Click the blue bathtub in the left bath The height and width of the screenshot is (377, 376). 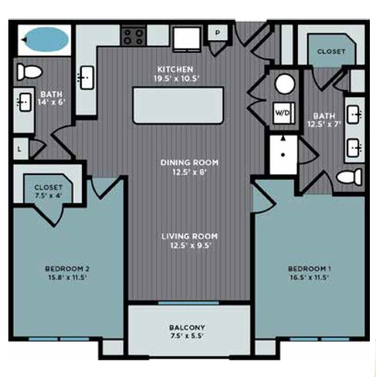(45, 39)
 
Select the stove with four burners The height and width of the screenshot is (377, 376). (133, 37)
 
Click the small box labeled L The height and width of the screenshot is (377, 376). (20, 149)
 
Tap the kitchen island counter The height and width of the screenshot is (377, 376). (177, 105)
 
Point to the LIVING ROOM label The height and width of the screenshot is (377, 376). (190, 236)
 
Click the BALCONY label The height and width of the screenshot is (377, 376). (187, 327)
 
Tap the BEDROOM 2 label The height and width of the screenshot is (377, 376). (68, 269)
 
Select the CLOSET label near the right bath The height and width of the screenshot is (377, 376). (331, 51)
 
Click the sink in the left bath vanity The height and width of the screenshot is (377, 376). (23, 102)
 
